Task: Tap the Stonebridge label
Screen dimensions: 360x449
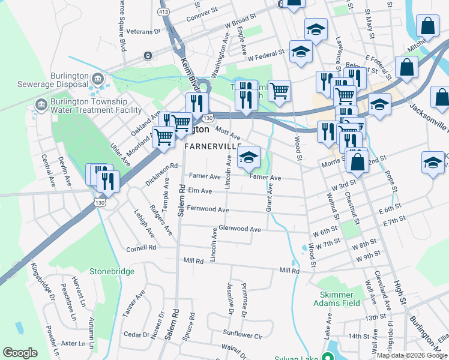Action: click(x=112, y=271)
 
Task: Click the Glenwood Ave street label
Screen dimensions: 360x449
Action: click(x=240, y=229)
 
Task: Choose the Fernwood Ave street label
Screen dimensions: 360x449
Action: click(x=208, y=209)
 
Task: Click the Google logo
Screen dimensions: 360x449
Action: click(x=20, y=353)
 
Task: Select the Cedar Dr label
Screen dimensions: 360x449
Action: click(x=137, y=334)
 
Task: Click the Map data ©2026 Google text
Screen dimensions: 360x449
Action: click(x=411, y=355)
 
